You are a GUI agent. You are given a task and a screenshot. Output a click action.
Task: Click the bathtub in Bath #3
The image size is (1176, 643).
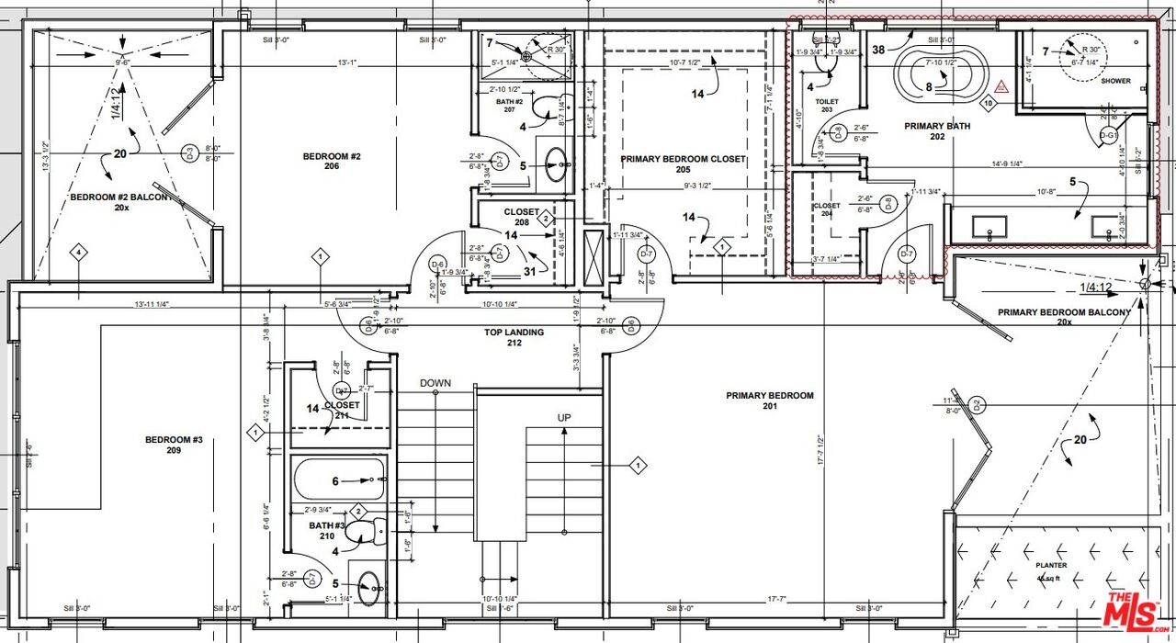pyautogui.click(x=338, y=479)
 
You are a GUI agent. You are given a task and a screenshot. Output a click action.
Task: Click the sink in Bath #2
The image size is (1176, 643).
pyautogui.click(x=557, y=167)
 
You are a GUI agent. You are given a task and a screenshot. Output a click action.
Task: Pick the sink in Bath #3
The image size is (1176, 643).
pyautogui.click(x=372, y=586)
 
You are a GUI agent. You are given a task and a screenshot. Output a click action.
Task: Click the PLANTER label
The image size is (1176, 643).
pyautogui.click(x=1051, y=567)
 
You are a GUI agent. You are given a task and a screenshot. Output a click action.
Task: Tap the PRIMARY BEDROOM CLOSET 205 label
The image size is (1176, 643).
pyautogui.click(x=683, y=164)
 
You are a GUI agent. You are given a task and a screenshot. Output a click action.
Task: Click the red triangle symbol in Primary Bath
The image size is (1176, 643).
pyautogui.click(x=1001, y=86)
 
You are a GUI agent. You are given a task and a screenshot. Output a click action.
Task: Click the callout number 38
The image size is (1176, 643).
pyautogui.click(x=878, y=49)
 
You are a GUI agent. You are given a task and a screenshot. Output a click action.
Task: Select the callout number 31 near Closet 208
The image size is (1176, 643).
pyautogui.click(x=528, y=271)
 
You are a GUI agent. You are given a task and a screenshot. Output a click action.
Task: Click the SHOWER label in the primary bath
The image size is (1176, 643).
pyautogui.click(x=1115, y=81)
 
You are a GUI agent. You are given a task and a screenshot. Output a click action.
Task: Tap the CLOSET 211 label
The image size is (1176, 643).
pyautogui.click(x=342, y=411)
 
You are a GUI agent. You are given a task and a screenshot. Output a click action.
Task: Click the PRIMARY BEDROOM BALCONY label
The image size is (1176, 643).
pyautogui.click(x=1064, y=317)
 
